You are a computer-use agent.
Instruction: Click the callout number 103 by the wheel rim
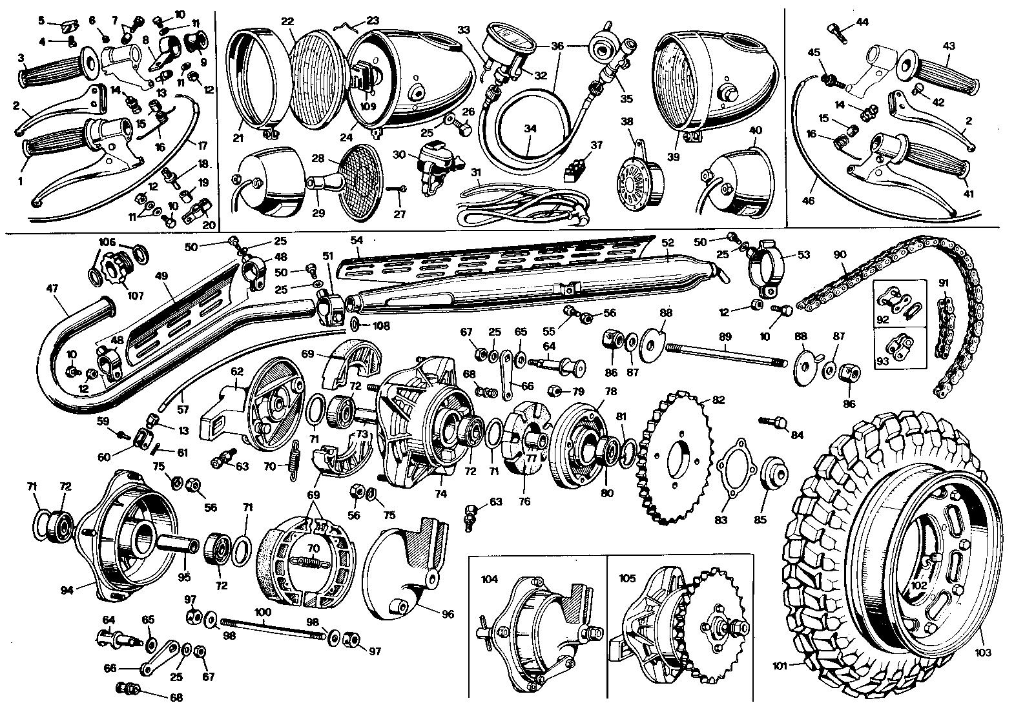982,653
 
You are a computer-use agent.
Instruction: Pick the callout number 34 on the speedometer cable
530,128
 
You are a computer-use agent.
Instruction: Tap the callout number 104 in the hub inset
490,579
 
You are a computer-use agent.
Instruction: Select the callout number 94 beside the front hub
68,588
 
